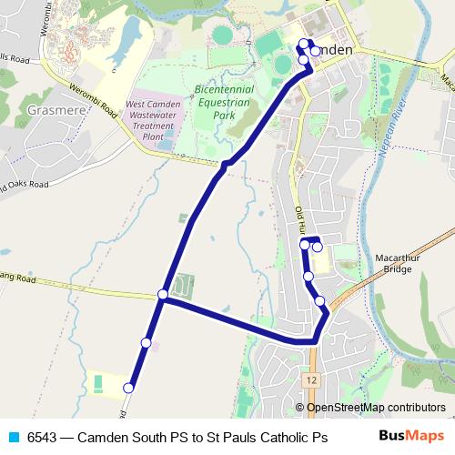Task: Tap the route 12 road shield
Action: [312, 379]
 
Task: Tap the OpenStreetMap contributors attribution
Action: [375, 407]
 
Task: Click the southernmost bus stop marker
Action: [128, 388]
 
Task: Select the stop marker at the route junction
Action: [162, 294]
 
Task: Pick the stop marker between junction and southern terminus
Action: [146, 342]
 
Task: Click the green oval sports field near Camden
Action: [223, 35]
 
